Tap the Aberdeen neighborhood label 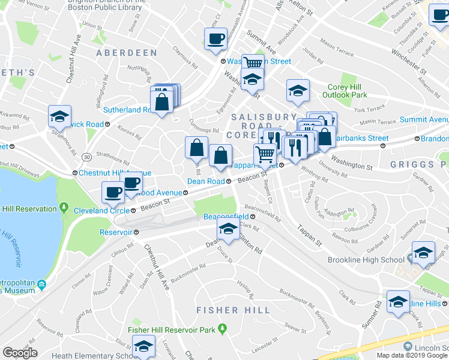pyautogui.click(x=126, y=53)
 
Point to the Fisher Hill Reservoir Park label pyautogui.click(x=171, y=329)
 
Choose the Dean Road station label pyautogui.click(x=206, y=181)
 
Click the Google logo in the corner pyautogui.click(x=20, y=353)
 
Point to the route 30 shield pyautogui.click(x=88, y=157)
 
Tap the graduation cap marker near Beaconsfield pyautogui.click(x=228, y=229)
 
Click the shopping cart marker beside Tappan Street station pyautogui.click(x=265, y=154)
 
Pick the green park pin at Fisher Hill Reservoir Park pyautogui.click(x=223, y=329)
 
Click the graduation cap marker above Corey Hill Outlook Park pyautogui.click(x=298, y=91)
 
